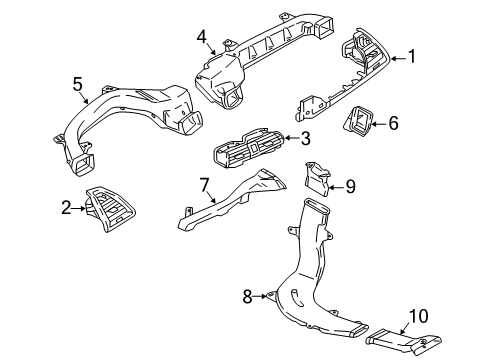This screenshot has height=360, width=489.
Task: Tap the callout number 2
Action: click(66, 207)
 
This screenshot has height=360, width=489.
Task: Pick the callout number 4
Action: click(202, 38)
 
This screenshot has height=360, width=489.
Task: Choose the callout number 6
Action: click(393, 123)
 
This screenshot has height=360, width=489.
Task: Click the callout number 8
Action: click(248, 295)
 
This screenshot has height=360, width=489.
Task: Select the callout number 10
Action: click(421, 316)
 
